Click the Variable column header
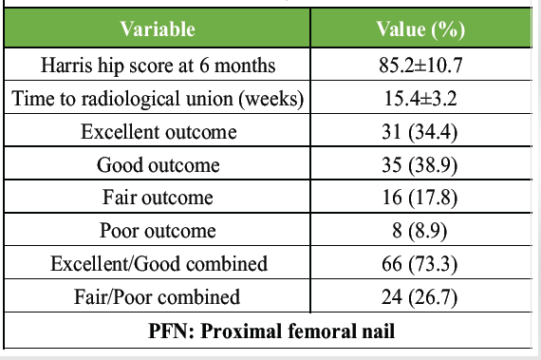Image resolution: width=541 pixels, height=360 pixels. [158, 28]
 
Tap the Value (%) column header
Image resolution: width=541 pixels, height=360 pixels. [420, 29]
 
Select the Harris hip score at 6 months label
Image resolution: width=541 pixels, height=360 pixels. [158, 66]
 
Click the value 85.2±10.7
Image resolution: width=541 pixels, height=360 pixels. [420, 65]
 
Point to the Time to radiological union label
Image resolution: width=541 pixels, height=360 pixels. [158, 99]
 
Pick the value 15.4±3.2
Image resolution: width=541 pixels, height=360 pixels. [420, 99]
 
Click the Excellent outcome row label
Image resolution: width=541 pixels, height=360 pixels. [159, 132]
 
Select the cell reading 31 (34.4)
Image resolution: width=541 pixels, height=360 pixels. [420, 132]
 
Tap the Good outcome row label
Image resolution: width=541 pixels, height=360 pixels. [158, 165]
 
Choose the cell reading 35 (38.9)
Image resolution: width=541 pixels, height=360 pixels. [420, 165]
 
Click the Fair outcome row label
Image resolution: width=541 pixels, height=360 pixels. [158, 198]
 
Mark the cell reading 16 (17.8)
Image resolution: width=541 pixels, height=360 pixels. [420, 199]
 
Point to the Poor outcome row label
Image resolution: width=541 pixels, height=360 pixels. [158, 231]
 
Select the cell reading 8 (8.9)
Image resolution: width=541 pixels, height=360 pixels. [420, 231]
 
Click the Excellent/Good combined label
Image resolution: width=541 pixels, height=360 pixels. [159, 264]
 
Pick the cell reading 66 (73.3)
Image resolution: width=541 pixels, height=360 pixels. [420, 264]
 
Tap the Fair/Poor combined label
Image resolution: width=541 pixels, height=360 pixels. [157, 297]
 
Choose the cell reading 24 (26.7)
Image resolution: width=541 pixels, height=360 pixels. [420, 297]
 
